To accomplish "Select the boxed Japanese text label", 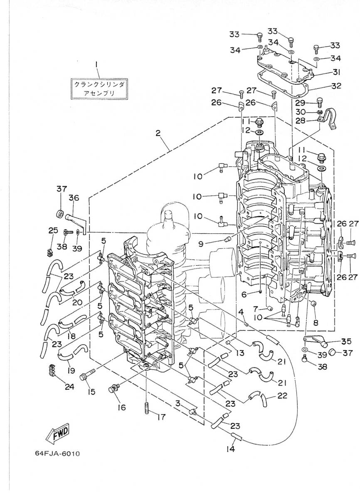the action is [99, 89].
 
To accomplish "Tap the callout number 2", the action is [158, 133].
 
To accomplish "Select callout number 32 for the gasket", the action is [336, 86].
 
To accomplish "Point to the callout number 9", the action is [201, 244].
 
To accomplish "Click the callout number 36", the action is [74, 198].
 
